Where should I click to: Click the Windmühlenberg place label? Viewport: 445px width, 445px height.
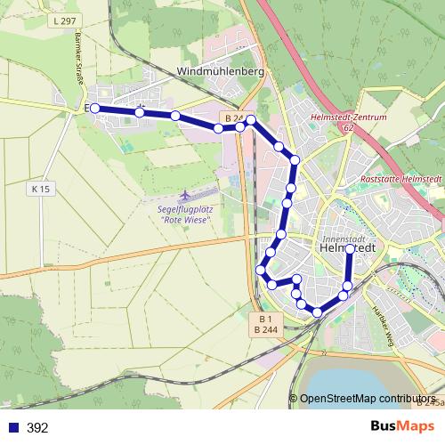(x=221, y=71)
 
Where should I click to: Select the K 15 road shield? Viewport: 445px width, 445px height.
(x=41, y=189)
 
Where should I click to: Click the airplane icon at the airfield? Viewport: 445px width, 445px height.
(x=184, y=194)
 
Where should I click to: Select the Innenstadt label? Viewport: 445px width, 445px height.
(x=346, y=239)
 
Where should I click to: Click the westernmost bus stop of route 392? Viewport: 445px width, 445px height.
(x=94, y=108)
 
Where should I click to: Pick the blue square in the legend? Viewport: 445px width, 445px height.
(x=12, y=428)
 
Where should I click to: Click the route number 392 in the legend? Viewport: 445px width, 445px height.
(x=37, y=428)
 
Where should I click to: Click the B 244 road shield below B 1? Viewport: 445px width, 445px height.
(x=264, y=328)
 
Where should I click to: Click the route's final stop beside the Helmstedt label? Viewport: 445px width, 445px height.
(x=349, y=250)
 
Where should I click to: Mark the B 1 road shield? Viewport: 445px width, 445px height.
(x=264, y=318)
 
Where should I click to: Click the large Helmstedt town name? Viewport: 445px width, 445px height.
(x=346, y=250)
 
